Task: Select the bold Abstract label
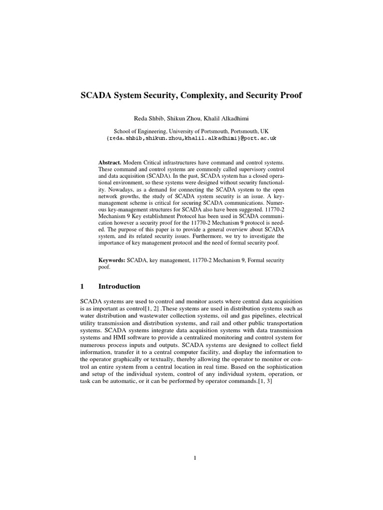point(110,163)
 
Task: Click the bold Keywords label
point(112,260)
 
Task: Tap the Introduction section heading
point(119,286)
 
